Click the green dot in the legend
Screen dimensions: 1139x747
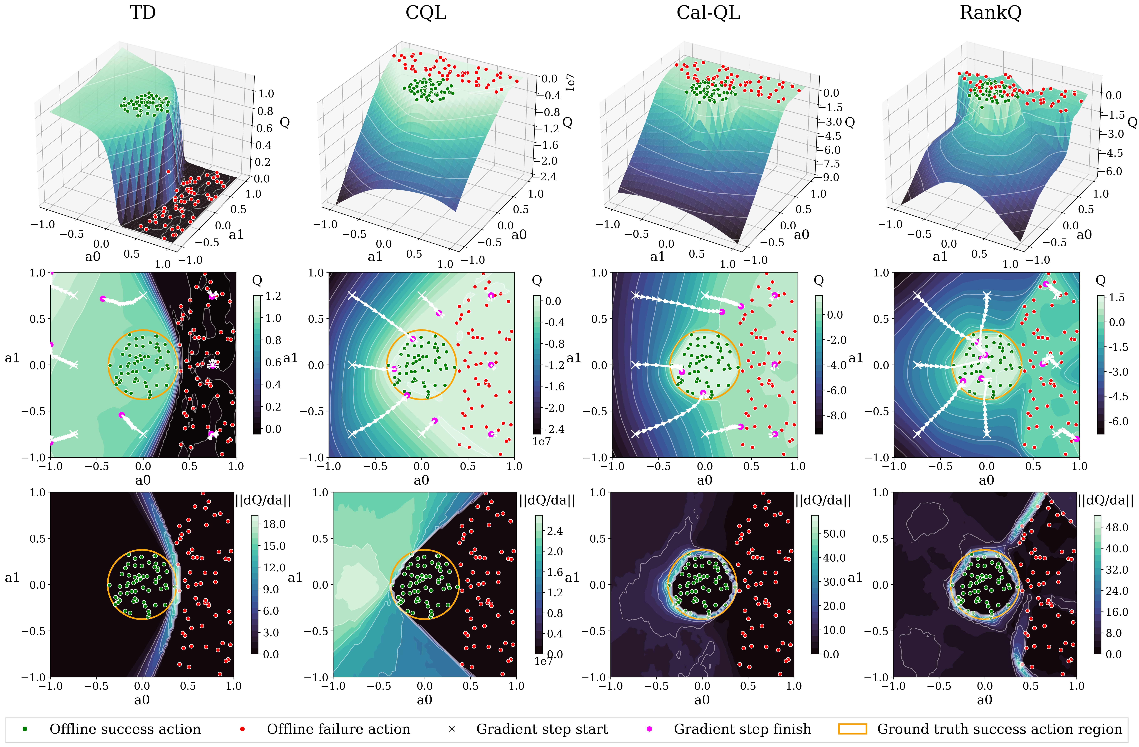pyautogui.click(x=25, y=729)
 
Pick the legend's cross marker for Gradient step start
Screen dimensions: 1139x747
pyautogui.click(x=451, y=729)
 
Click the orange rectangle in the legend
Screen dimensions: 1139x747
pyautogui.click(x=852, y=729)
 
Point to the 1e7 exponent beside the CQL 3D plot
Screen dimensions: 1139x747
pyautogui.click(x=570, y=83)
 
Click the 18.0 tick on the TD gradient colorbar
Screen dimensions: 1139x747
pyautogui.click(x=274, y=524)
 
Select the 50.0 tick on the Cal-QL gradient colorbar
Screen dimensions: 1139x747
pyautogui.click(x=834, y=534)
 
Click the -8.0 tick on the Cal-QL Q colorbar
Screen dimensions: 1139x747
pyautogui.click(x=837, y=415)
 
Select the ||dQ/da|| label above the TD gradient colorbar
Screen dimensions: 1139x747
pyautogui.click(x=263, y=501)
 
